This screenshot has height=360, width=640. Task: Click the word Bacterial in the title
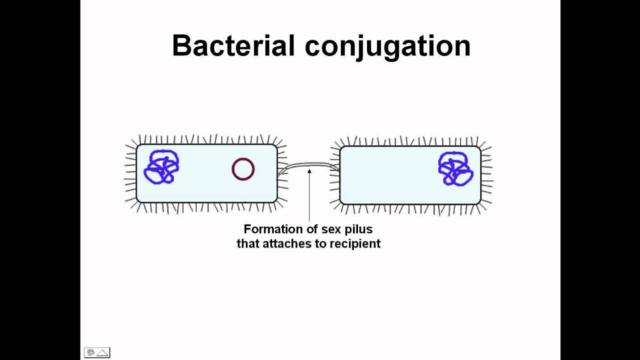tap(233, 45)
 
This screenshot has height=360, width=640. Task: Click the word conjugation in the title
tap(387, 46)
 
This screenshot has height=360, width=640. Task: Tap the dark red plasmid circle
tap(243, 169)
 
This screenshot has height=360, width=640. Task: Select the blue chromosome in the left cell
tap(161, 167)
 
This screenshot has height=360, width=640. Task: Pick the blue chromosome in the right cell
tap(455, 168)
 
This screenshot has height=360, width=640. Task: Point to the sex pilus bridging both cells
tap(308, 165)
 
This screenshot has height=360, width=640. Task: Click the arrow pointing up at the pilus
tap(309, 195)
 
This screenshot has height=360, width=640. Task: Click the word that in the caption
tap(248, 244)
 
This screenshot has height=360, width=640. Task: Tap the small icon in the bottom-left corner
tap(97, 352)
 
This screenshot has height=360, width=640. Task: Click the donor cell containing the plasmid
tap(206, 187)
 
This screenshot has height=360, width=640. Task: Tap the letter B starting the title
tap(181, 45)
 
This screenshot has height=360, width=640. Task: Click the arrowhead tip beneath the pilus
tap(309, 170)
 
